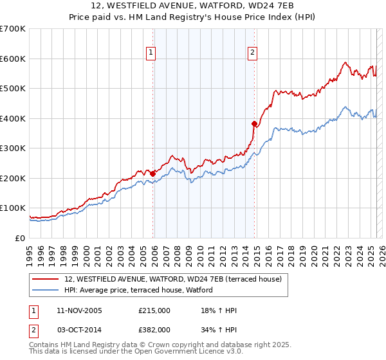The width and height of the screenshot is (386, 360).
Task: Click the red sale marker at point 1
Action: click(152, 174)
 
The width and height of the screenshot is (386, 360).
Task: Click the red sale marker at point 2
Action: click(254, 123)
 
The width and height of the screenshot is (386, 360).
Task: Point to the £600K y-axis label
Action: click(13, 59)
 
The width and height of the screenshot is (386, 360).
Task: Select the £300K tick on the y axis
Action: click(13, 148)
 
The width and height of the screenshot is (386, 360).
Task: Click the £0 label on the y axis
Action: click(21, 238)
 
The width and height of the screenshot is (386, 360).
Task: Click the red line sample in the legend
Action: click(46, 279)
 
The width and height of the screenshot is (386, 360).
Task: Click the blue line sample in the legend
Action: click(46, 290)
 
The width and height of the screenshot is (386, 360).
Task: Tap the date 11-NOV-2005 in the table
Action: click(79, 310)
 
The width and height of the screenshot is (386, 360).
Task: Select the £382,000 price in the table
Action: click(154, 330)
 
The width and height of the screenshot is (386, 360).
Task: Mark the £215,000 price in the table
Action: click(154, 310)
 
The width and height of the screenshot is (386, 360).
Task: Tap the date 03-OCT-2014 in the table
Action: click(79, 330)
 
